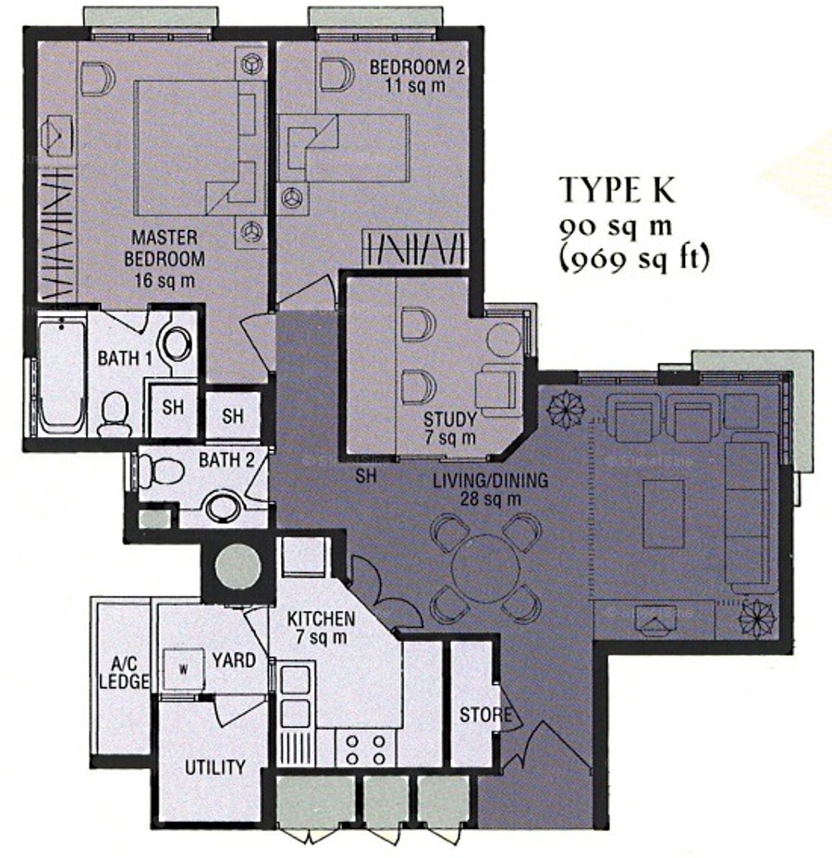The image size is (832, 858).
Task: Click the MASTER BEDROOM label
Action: (x=165, y=248)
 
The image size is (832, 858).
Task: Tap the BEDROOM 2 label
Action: (x=417, y=67)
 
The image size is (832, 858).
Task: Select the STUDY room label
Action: (x=449, y=420)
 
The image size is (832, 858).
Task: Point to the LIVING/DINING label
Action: (x=490, y=481)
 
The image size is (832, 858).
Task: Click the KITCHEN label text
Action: (x=321, y=619)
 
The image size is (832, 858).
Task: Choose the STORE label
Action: (x=485, y=715)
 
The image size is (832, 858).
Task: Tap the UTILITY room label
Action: (x=215, y=767)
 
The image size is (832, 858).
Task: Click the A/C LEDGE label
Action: (x=124, y=672)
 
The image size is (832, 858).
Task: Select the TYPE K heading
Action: (x=617, y=190)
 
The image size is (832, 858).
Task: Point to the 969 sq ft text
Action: (x=634, y=257)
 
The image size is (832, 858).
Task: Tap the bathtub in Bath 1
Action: (x=62, y=376)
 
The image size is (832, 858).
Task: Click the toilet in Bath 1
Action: (x=115, y=414)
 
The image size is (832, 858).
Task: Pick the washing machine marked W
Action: (x=184, y=669)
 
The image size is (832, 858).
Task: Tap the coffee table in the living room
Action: (x=664, y=514)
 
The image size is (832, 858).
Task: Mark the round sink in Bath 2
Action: (x=222, y=508)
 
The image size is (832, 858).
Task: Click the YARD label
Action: (x=234, y=660)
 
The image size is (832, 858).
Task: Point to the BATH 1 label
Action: (x=125, y=359)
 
